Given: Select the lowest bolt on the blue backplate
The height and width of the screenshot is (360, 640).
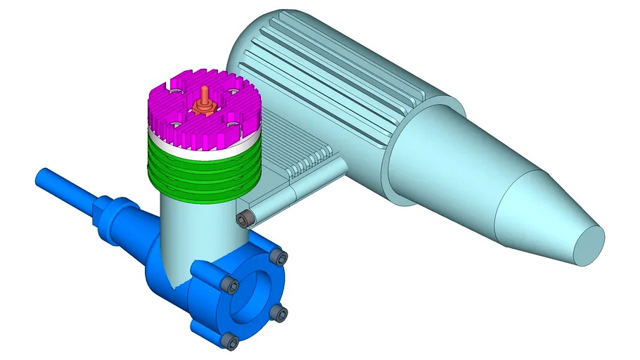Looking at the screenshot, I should [x=230, y=341].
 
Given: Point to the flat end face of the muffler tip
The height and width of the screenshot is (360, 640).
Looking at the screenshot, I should [x=589, y=244].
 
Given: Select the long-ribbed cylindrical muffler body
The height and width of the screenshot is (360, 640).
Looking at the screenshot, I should [x=331, y=77].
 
